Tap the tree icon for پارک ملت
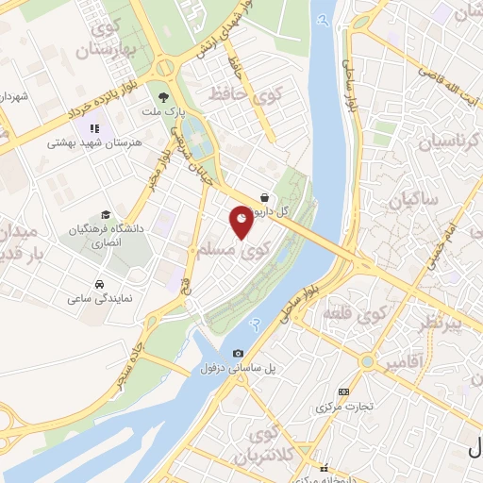165,96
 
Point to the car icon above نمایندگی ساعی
100,284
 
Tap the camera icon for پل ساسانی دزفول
238,353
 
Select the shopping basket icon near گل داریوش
266,198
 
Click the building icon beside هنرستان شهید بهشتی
93,128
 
